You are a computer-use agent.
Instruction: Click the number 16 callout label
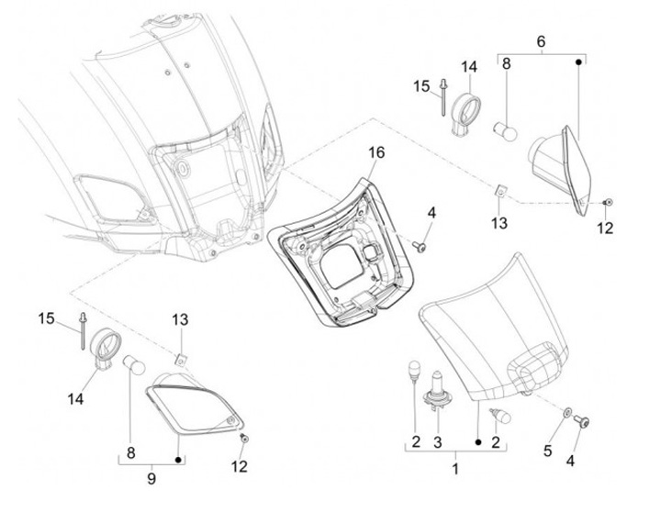[376, 152]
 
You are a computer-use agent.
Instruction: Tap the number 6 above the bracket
[541, 41]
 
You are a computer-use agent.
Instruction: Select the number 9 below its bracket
[151, 478]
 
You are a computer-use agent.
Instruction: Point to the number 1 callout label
[455, 468]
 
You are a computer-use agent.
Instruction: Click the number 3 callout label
[438, 442]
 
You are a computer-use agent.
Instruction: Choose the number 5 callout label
[547, 451]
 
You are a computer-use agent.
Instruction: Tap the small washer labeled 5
[568, 411]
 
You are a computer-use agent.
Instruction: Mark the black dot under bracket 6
[578, 62]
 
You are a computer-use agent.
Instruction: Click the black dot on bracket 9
[178, 459]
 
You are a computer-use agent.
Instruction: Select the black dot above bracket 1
[478, 442]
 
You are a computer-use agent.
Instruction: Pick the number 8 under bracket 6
[506, 63]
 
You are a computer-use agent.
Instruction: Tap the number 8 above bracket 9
[130, 453]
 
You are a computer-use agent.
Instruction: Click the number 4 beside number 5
[570, 461]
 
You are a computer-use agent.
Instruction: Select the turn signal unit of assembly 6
[561, 169]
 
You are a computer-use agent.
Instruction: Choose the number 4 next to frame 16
[431, 213]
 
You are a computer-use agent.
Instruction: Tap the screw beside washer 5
[583, 421]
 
